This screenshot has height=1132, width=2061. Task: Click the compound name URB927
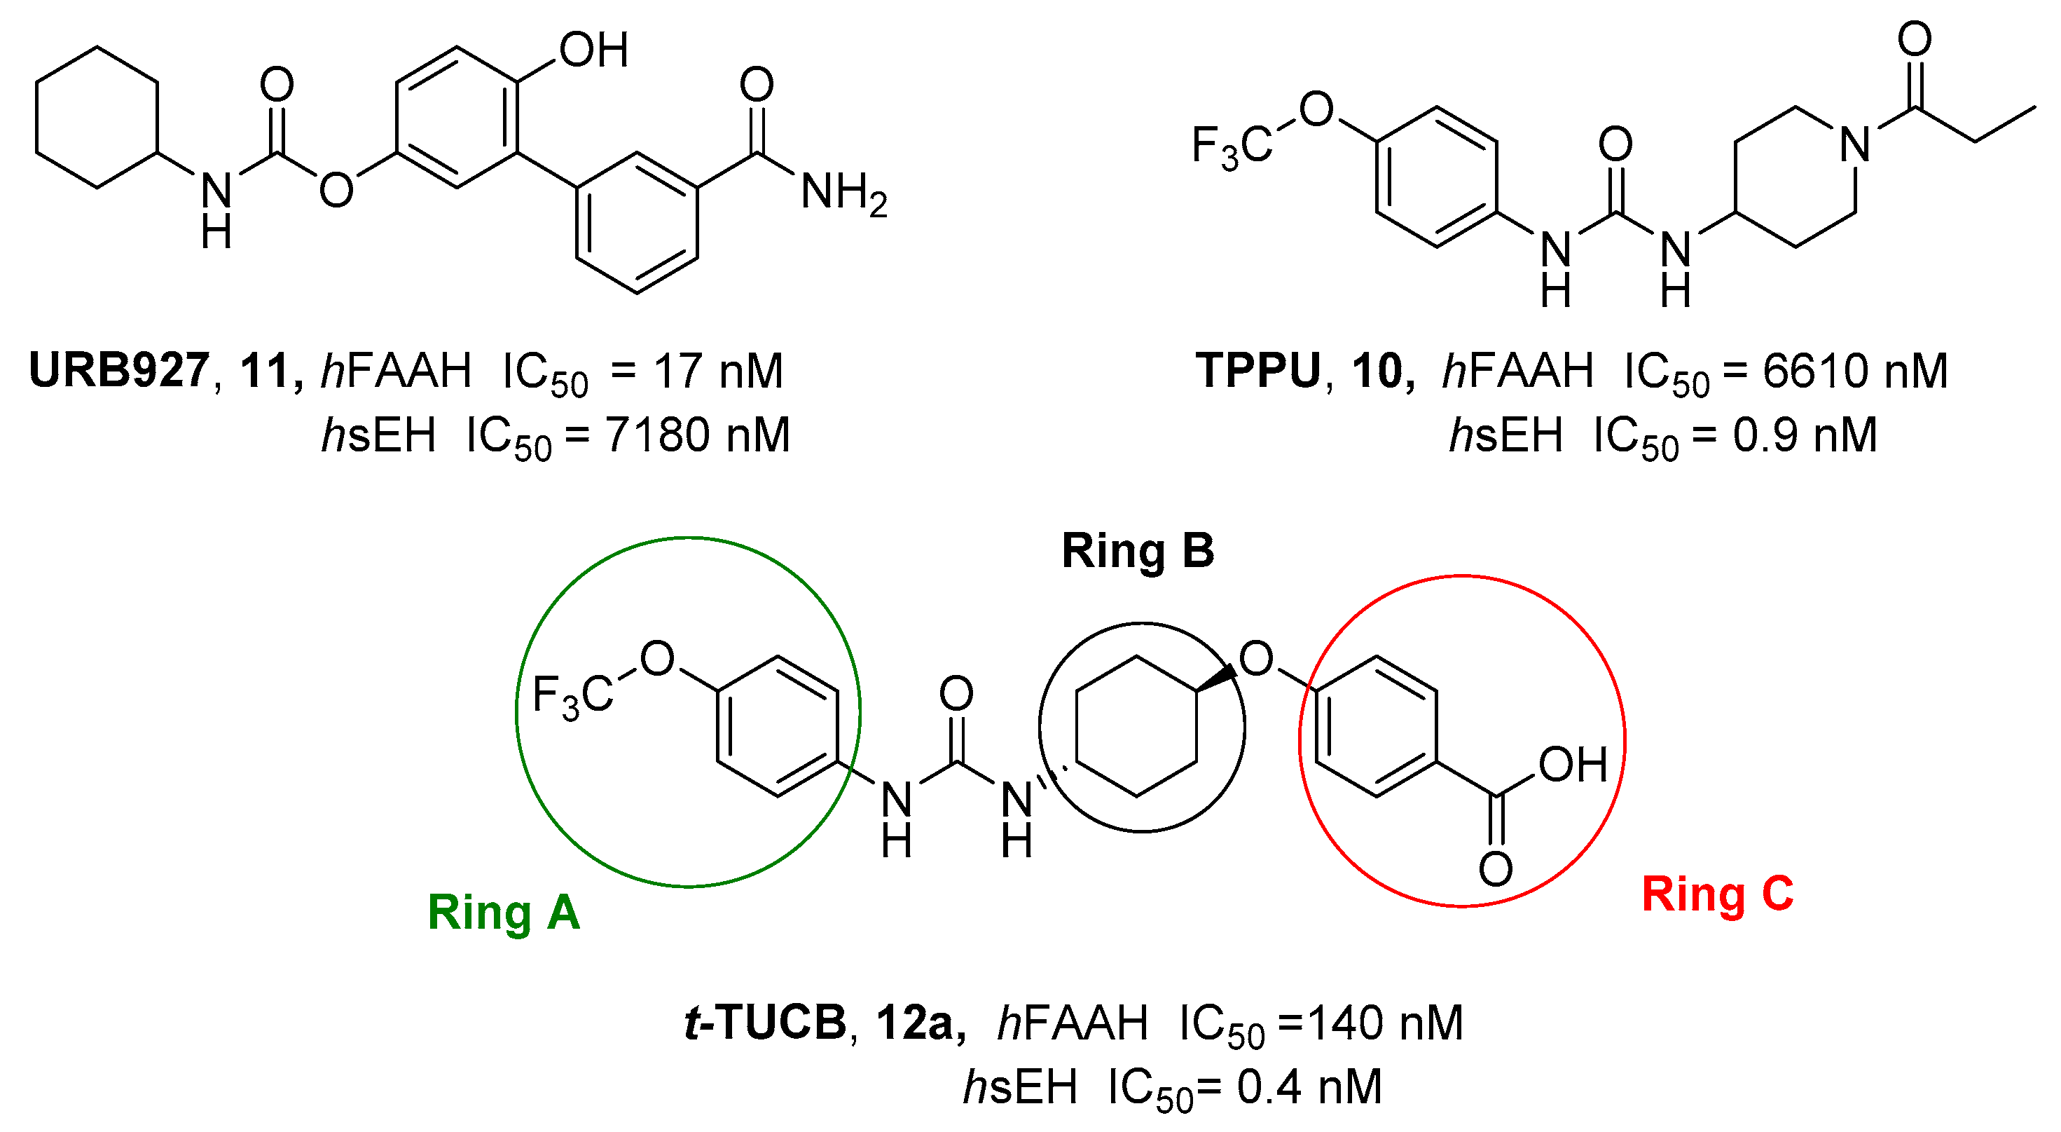118,371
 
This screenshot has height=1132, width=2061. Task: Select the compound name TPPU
1258,371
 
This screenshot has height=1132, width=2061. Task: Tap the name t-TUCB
766,1023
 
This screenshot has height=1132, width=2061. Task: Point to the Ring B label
1137,551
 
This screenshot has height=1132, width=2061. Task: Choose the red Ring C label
1718,894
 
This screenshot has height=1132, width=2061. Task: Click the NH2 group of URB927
843,193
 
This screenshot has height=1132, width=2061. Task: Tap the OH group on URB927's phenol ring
593,50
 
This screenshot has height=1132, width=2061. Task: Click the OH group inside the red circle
1572,765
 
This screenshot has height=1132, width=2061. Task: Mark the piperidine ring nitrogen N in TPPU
1855,145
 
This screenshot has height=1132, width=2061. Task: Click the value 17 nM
717,371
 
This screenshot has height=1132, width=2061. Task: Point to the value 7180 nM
697,435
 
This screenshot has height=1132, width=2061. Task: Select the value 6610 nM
1854,371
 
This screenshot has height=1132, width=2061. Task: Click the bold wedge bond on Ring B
1216,677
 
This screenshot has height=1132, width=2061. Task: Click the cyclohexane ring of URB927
97,118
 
